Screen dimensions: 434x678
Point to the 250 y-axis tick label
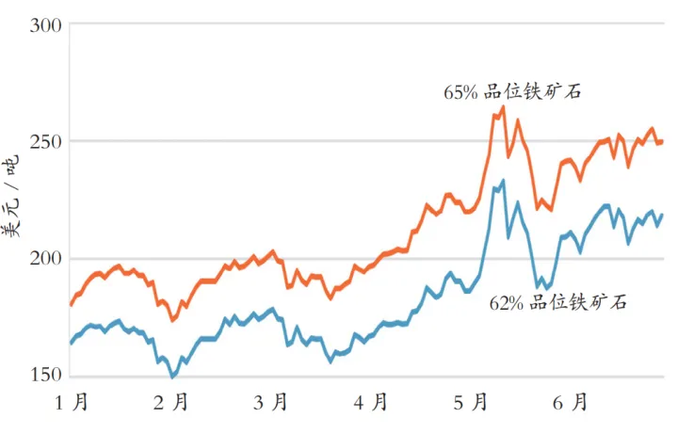(45, 141)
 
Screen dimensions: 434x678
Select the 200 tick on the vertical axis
(45, 258)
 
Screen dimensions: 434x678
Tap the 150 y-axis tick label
(45, 376)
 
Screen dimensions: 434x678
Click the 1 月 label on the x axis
(73, 403)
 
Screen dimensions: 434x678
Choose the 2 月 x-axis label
(170, 403)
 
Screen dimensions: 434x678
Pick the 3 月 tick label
(271, 403)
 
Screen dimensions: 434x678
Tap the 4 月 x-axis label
(371, 403)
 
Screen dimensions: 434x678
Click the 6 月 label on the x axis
(572, 403)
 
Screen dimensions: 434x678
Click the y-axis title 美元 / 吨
(16, 201)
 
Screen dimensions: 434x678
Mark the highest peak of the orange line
(503, 107)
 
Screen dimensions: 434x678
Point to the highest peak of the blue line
(503, 180)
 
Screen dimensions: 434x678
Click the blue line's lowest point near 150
(172, 376)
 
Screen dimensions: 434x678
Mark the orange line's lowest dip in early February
(172, 320)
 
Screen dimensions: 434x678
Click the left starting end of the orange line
(71, 305)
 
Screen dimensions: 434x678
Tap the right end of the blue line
(662, 215)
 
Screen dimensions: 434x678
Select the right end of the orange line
(662, 141)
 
